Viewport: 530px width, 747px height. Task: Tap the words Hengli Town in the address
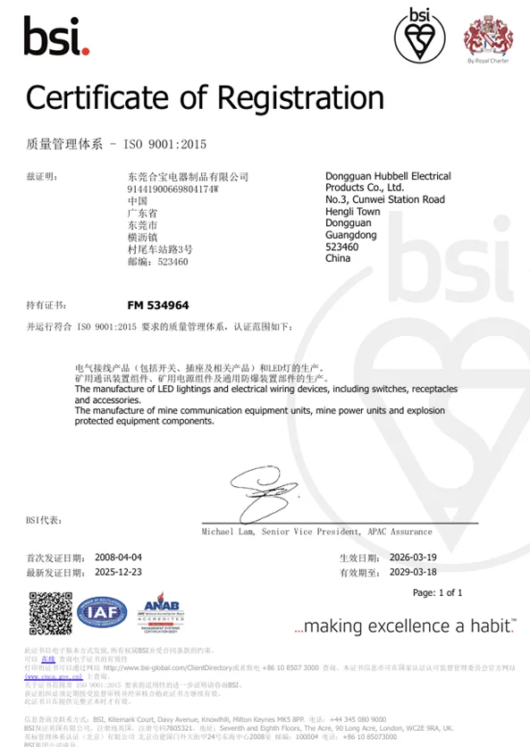coord(353,212)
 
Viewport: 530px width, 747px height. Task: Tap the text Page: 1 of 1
coord(437,592)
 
